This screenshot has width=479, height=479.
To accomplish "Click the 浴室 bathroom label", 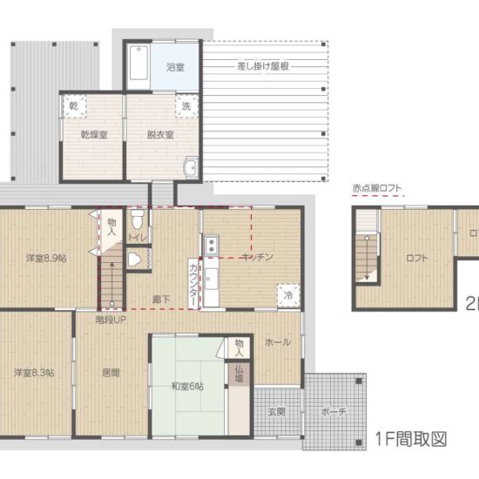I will coord(176,66).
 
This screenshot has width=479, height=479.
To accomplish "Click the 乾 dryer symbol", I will coord(74,105).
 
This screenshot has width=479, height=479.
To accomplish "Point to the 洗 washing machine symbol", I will coord(185,105).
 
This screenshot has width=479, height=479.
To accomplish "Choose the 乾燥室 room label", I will coord(93,135).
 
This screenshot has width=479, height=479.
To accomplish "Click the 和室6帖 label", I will coord(187,386).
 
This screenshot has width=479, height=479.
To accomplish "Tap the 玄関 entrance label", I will coord(276,410).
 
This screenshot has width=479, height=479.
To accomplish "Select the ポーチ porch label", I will coord(332,410).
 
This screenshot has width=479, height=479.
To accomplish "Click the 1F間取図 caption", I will coord(411,439).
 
